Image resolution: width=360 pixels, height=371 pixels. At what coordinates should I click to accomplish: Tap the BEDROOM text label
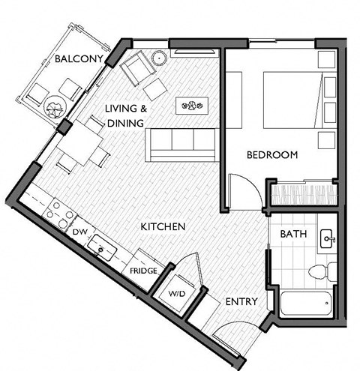click(x=272, y=155)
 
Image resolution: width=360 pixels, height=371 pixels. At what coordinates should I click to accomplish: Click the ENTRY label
click(x=241, y=301)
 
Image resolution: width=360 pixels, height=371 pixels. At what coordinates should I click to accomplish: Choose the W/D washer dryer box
click(x=177, y=292)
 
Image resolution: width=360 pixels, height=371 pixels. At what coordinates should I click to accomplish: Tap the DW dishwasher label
click(x=80, y=233)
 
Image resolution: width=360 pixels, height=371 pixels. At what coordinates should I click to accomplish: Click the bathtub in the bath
click(x=304, y=303)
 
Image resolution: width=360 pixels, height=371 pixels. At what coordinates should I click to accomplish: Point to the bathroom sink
click(x=327, y=240)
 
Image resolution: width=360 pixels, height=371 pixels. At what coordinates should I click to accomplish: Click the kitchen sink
click(x=100, y=244)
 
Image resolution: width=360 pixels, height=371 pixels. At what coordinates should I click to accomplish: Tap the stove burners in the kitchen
click(x=57, y=212)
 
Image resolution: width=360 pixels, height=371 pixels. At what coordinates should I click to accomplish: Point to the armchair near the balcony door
click(x=137, y=70)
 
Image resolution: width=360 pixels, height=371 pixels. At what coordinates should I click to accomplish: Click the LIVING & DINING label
click(x=126, y=114)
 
